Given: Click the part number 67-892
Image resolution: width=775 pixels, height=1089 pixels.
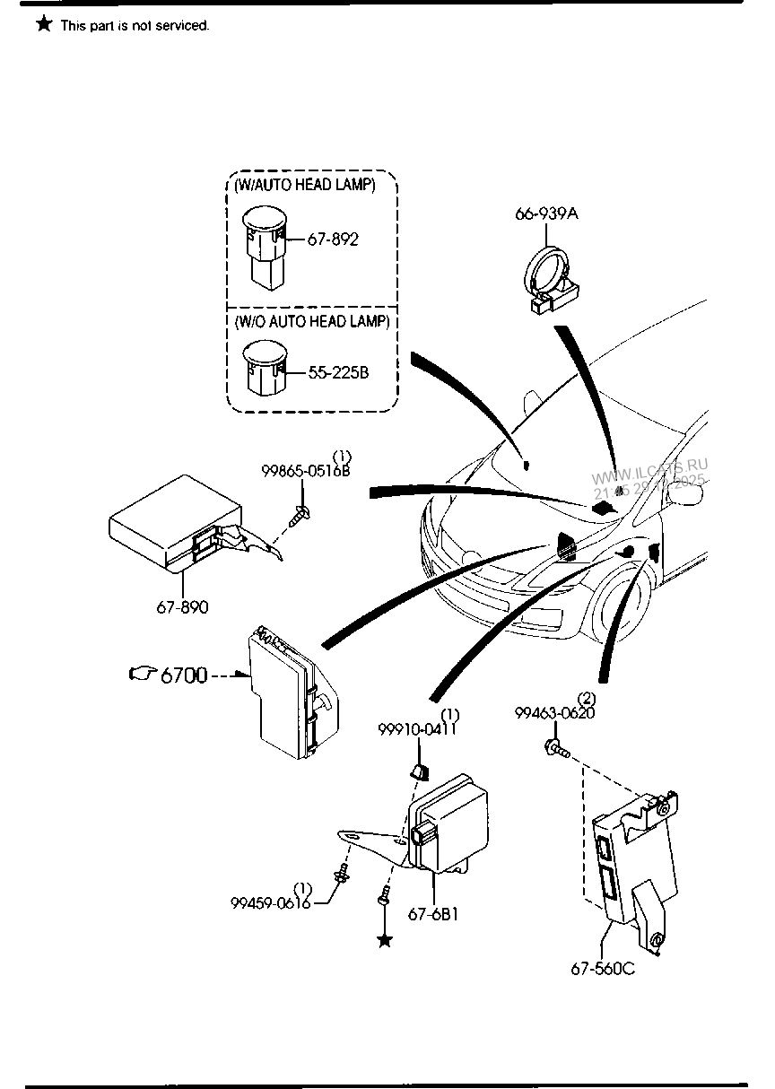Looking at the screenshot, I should point(332,240).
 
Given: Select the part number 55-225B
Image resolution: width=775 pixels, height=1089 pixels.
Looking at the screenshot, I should point(337,372).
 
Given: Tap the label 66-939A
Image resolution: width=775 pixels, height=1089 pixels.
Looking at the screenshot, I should point(546,213).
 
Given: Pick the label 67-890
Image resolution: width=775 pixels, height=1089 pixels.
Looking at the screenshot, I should point(182,607).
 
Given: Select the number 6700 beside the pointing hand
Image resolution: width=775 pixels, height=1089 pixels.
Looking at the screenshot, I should point(184,675).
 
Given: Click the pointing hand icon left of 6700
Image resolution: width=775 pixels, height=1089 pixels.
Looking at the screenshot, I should point(143,674).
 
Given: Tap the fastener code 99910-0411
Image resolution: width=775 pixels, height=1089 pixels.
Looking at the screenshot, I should point(416,729).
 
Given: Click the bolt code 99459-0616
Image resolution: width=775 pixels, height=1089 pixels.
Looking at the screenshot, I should point(270,902).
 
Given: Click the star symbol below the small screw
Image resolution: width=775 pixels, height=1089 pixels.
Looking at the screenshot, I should point(385,940).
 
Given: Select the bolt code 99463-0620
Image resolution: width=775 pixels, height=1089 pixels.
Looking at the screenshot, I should point(554,713).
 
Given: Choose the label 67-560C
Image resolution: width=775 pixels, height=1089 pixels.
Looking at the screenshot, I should point(603,968).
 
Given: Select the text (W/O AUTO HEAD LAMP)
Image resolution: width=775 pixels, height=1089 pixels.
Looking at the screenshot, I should point(306,321).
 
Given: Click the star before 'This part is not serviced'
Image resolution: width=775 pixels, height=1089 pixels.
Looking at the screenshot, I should point(44,24).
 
